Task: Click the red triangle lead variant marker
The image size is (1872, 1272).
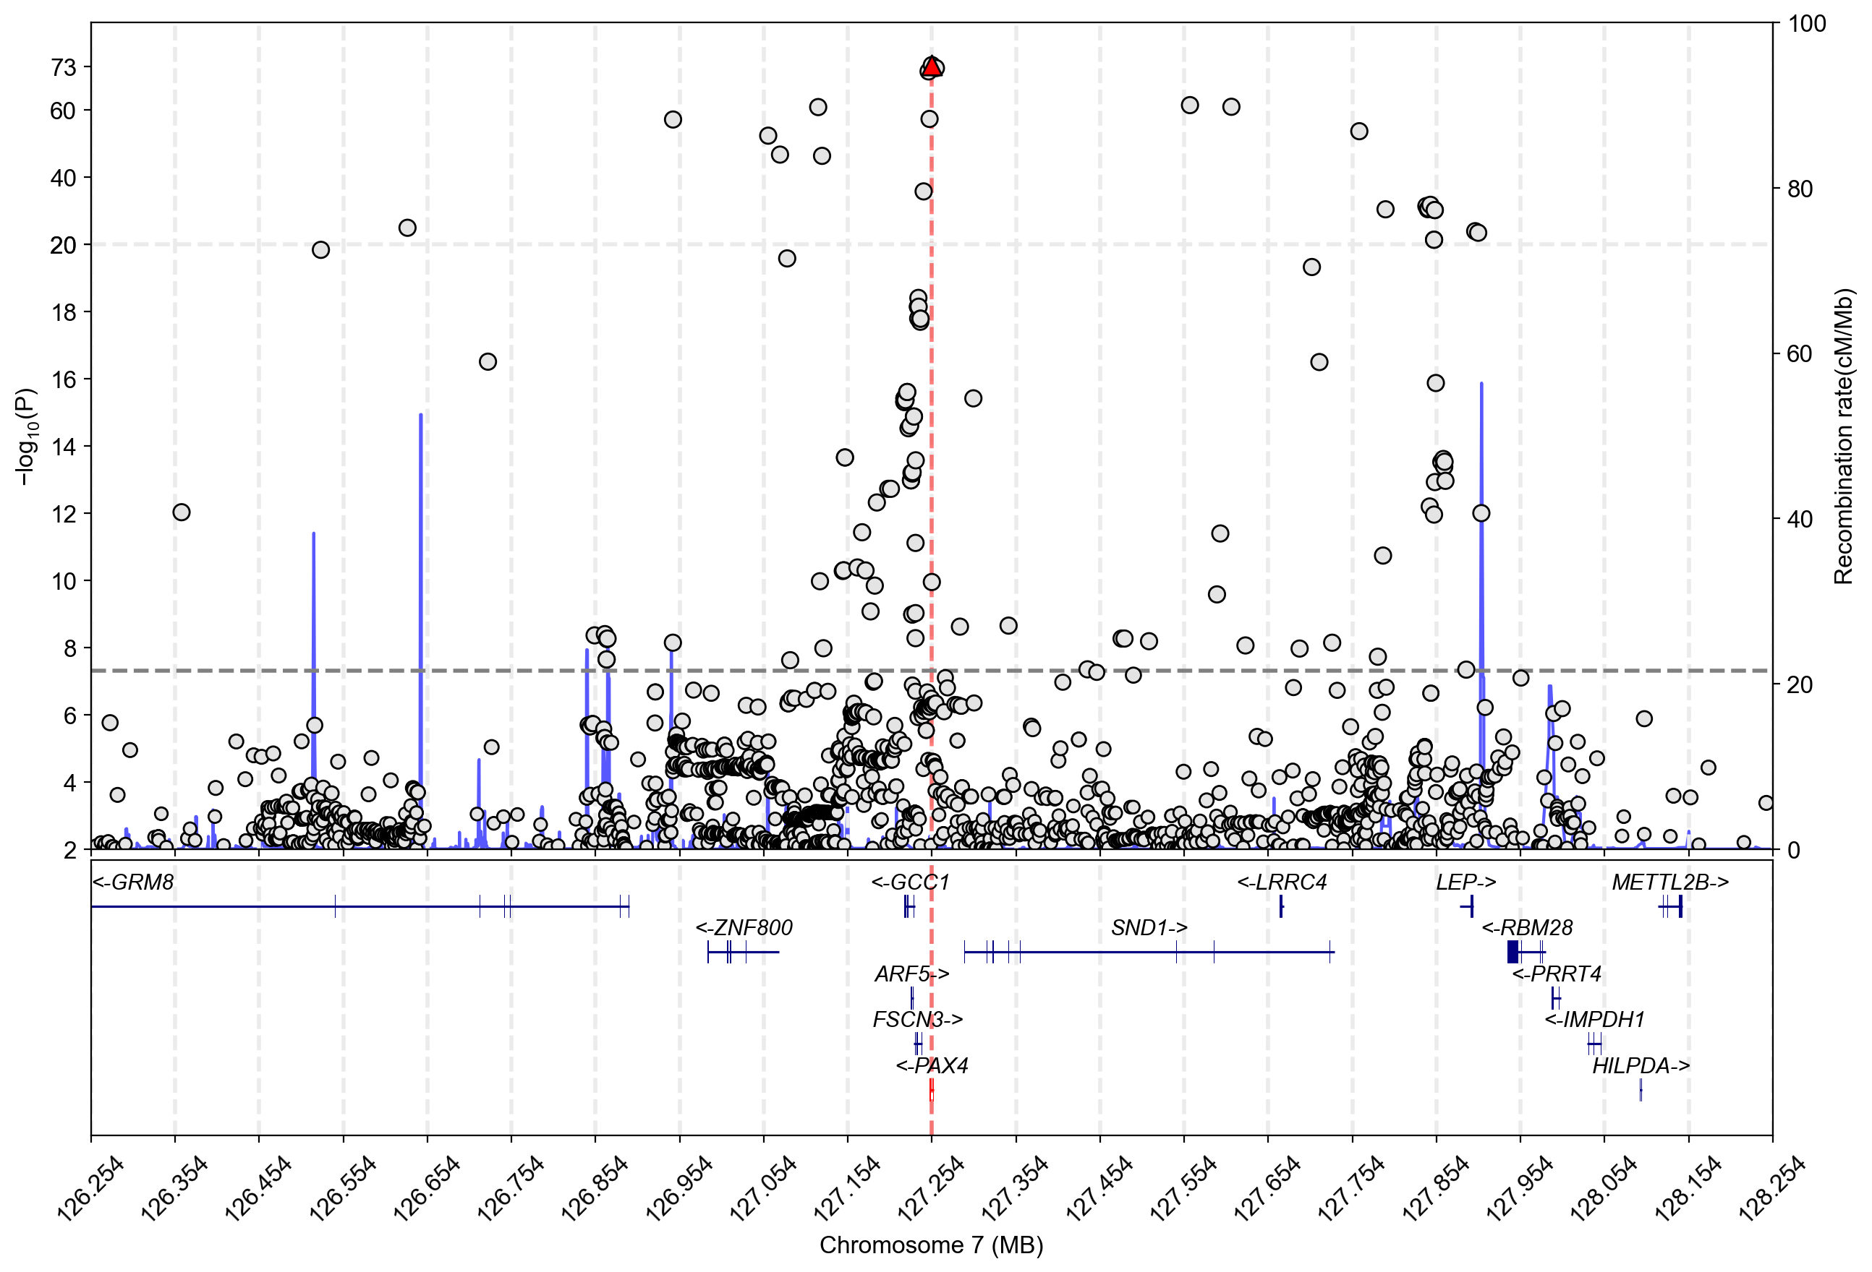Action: [x=931, y=66]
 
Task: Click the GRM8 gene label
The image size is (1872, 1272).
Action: [x=133, y=882]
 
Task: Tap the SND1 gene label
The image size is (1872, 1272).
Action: [x=1149, y=928]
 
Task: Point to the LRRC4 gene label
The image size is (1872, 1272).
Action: [x=1282, y=882]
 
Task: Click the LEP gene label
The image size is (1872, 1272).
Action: [x=1465, y=882]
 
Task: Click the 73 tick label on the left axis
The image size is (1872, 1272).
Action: [x=64, y=68]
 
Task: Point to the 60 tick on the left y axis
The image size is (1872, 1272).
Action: [x=64, y=111]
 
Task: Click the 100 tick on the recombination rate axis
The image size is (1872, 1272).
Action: [x=1807, y=23]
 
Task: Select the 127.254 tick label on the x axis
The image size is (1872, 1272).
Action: [x=931, y=1187]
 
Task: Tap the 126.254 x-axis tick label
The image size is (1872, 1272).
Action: [x=92, y=1187]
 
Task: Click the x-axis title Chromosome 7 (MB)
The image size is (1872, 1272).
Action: [x=931, y=1245]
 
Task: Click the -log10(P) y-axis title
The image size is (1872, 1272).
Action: [x=27, y=437]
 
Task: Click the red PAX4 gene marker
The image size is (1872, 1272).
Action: [x=931, y=1090]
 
